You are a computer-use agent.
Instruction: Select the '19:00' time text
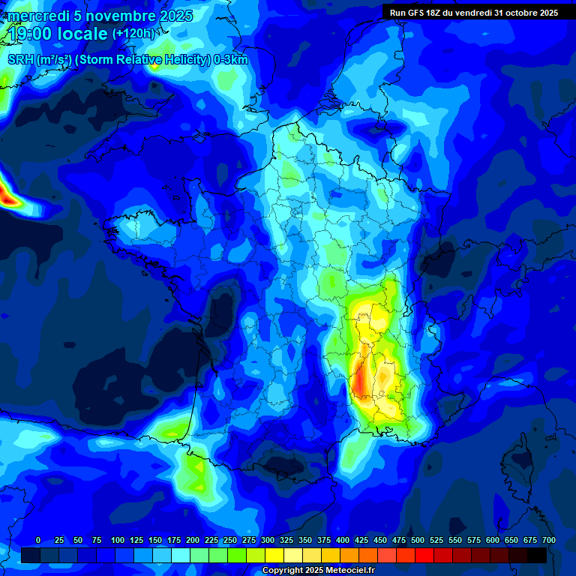31,34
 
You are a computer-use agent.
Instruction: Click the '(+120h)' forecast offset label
133,34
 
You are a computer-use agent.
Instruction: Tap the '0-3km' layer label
231,60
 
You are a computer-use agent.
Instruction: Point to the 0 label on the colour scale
38,540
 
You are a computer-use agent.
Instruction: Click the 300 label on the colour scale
268,540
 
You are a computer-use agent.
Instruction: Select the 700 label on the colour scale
548,540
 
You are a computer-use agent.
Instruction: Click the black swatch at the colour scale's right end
537,555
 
